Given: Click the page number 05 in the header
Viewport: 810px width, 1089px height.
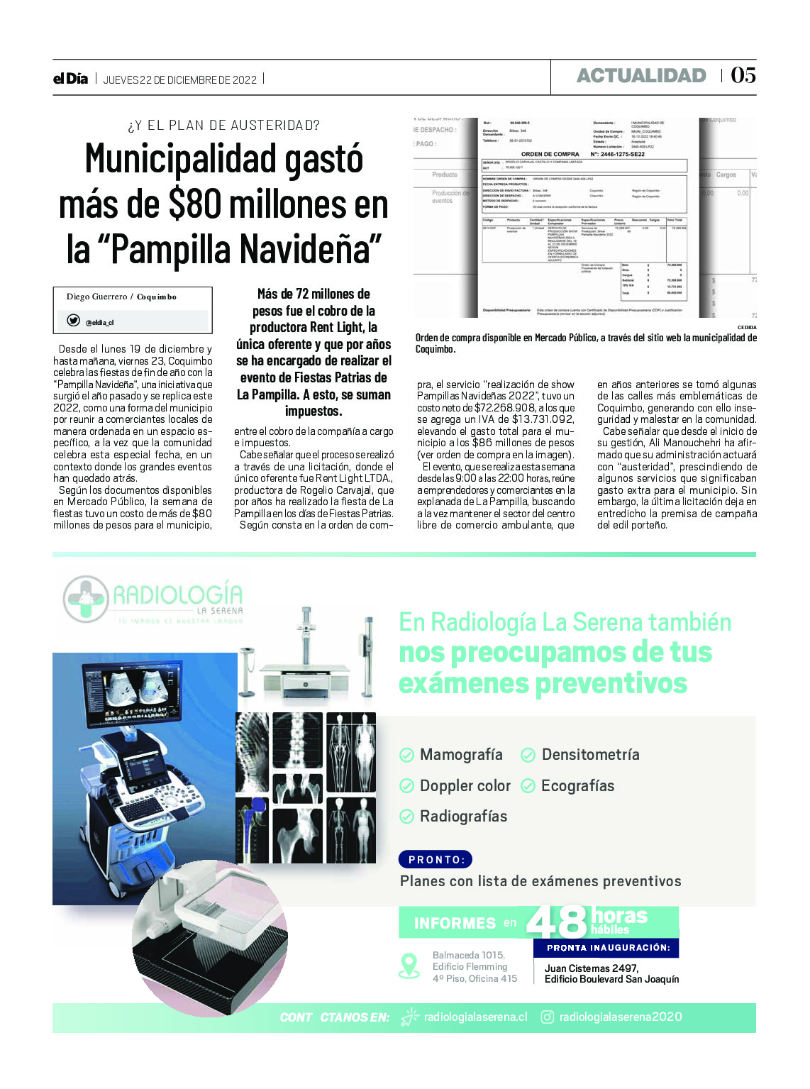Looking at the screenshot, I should click(x=743, y=75).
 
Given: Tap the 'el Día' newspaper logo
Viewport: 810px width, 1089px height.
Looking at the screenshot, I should click(x=70, y=79).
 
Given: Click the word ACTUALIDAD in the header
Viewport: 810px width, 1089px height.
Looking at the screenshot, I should click(x=641, y=76).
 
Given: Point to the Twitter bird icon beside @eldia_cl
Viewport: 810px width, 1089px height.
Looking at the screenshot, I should click(x=73, y=321).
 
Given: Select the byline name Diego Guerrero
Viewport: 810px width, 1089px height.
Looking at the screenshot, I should click(x=96, y=297).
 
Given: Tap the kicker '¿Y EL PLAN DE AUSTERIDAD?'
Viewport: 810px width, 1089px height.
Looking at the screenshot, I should click(x=223, y=126).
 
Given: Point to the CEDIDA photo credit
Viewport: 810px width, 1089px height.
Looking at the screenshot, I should click(x=746, y=328).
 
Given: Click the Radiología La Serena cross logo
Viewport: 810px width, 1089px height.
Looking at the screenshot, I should click(x=86, y=599).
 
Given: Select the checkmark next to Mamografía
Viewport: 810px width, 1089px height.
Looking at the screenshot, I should click(x=407, y=755).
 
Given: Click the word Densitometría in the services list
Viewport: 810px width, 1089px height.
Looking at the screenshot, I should click(x=590, y=755).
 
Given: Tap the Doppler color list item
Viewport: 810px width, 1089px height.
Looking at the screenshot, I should click(x=465, y=786).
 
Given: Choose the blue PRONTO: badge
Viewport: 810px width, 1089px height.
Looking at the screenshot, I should click(x=435, y=860).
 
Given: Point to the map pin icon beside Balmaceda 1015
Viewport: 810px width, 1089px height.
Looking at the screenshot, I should click(x=409, y=966).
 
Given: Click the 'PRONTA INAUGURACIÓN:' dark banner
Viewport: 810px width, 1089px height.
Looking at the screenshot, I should click(x=608, y=948).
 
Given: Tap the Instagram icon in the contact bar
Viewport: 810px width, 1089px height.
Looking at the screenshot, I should click(x=548, y=1017).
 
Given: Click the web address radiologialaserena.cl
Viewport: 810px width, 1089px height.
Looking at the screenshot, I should click(x=475, y=1017).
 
